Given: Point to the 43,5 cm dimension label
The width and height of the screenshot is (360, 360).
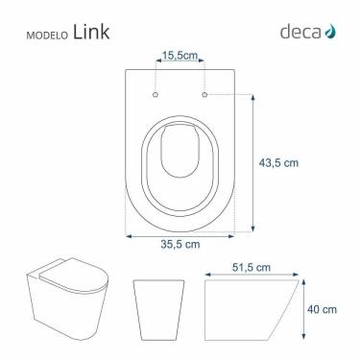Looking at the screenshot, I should tap(279, 163).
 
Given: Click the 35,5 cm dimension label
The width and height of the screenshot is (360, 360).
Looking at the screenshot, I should tap(180, 245).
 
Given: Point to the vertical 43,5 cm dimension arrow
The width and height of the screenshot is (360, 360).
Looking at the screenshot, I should tap(252, 163).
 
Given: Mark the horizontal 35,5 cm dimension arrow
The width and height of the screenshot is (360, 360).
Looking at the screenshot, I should tap(180, 233).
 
